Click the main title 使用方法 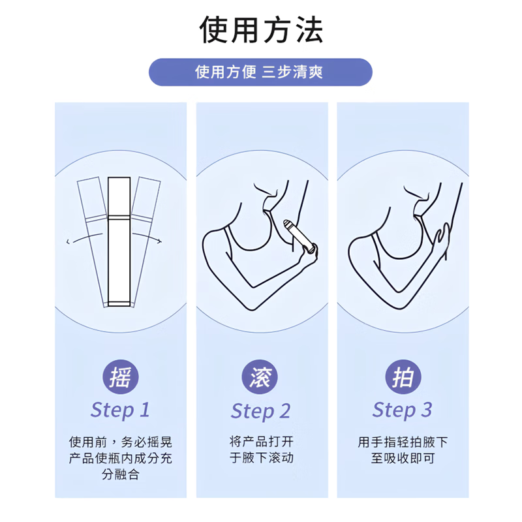pyautogui.click(x=261, y=29)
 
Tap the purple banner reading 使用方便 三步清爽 pyautogui.click(x=260, y=72)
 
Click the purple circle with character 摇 pyautogui.click(x=119, y=377)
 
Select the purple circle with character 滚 pyautogui.click(x=260, y=377)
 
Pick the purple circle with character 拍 pyautogui.click(x=402, y=377)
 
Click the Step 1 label pyautogui.click(x=120, y=410)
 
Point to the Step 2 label pyautogui.click(x=260, y=411)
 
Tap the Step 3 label pyautogui.click(x=402, y=410)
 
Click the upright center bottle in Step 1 pyautogui.click(x=119, y=241)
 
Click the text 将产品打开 pyautogui.click(x=260, y=442)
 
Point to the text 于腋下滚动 pyautogui.click(x=260, y=457)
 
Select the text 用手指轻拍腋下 pyautogui.click(x=402, y=442)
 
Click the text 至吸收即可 pyautogui.click(x=402, y=457)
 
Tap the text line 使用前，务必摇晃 pyautogui.click(x=120, y=442)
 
